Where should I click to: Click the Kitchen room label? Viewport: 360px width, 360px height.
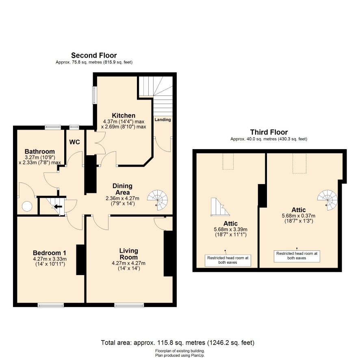[x=124, y=115]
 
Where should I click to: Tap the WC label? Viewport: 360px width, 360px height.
[x=75, y=142]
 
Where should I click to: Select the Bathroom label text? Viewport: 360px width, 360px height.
[x=40, y=152]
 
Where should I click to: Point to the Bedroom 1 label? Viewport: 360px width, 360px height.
[x=50, y=253]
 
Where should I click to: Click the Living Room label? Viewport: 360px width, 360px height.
[x=128, y=254]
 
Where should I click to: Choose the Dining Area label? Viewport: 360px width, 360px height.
[x=122, y=189]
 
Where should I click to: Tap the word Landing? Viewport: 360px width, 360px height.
[x=163, y=119]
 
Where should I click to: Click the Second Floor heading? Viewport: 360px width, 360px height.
[x=94, y=55]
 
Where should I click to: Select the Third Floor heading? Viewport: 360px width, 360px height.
[x=269, y=132]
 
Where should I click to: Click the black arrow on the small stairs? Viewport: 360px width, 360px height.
[x=58, y=206]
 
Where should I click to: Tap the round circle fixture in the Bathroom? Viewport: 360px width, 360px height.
[x=27, y=206]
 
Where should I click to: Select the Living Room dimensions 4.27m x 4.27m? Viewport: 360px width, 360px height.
[x=128, y=263]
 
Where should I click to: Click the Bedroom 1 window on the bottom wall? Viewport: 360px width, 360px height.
[x=51, y=305]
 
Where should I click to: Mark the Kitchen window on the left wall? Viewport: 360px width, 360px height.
[x=95, y=95]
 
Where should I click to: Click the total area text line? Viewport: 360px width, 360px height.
[x=178, y=343]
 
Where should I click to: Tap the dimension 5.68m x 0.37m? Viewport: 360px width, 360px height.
[x=299, y=216]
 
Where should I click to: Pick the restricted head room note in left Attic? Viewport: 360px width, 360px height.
[x=228, y=260]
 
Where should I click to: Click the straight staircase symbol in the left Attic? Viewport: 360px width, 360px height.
[x=220, y=207]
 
